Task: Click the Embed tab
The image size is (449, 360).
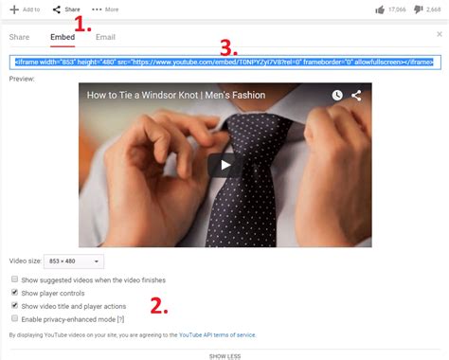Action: click(x=63, y=37)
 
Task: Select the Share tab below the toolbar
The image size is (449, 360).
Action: click(x=19, y=37)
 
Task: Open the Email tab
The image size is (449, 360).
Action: click(x=105, y=37)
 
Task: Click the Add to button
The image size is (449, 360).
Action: click(x=26, y=9)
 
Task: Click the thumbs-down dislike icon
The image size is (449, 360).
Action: click(x=419, y=9)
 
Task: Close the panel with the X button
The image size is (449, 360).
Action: click(x=440, y=32)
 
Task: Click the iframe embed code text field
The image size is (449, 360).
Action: click(x=223, y=62)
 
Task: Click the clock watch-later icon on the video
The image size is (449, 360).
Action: click(x=337, y=96)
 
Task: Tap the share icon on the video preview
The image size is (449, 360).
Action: click(x=356, y=96)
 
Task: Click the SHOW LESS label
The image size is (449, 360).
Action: click(x=224, y=355)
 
